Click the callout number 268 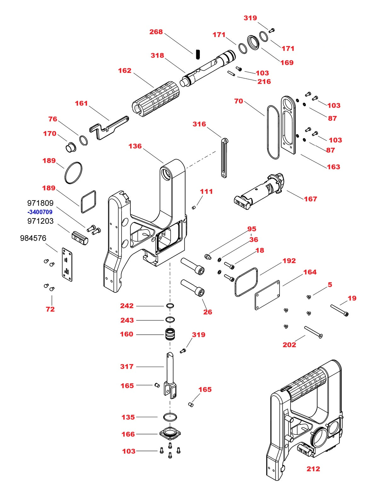[x=156, y=32]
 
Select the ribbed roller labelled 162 [x=156, y=98]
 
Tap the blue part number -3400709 [x=40, y=212]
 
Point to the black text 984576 [x=33, y=238]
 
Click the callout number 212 [x=313, y=469]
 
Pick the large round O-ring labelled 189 [x=73, y=173]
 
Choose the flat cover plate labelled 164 [x=267, y=295]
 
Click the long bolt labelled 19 [x=339, y=310]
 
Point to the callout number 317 [x=127, y=367]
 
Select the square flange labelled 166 [x=170, y=434]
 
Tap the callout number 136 [x=135, y=146]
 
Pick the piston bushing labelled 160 [x=170, y=334]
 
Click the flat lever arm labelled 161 [x=109, y=127]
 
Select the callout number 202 [x=289, y=344]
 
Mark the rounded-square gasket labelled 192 [x=246, y=282]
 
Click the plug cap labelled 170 [x=71, y=147]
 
